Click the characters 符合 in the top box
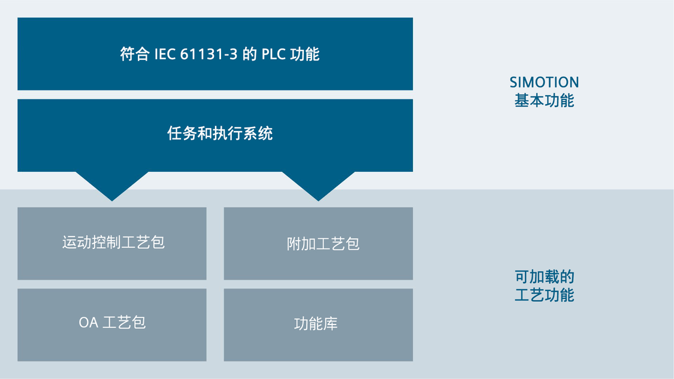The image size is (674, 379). tap(135, 54)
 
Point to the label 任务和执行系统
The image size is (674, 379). tap(220, 133)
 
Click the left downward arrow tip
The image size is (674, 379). tap(112, 201)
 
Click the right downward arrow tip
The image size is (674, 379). tap(318, 201)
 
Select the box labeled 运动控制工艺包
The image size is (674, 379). tap(112, 244)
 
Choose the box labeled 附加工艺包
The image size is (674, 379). tap(318, 244)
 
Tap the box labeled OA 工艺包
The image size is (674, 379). tap(112, 325)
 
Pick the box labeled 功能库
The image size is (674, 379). tap(318, 325)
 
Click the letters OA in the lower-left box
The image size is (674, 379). tap(89, 323)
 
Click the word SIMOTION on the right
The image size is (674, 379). tap(544, 82)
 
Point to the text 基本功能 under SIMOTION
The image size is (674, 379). tap(544, 101)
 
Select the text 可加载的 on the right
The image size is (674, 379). tap(544, 277)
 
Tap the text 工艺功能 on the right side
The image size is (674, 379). tap(544, 295)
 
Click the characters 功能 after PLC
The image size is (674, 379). tap(305, 54)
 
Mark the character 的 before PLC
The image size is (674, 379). tap(249, 54)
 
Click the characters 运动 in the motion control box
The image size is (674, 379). tap(77, 242)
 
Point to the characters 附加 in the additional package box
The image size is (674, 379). tap(301, 244)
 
